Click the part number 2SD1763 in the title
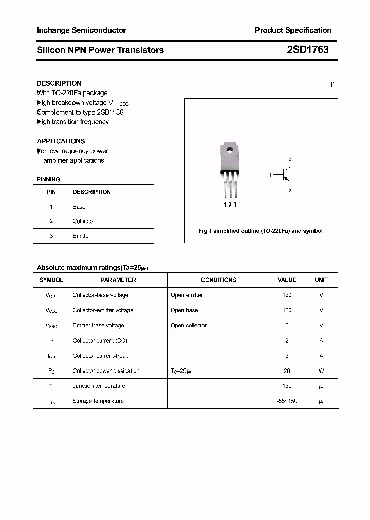pos(307,50)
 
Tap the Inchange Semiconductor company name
pos(81,30)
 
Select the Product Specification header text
pos(293,30)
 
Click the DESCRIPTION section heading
pos(59,83)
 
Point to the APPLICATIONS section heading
pos(61,141)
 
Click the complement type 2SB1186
pos(109,112)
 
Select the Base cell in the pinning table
pos(79,207)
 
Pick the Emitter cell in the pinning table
pos(81,236)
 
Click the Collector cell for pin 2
pos(84,221)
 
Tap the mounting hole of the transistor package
pos(229,151)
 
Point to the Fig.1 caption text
pos(261,231)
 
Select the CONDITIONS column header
pos(218,280)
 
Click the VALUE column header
pos(287,280)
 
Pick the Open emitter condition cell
pos(187,295)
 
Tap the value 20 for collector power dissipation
pos(287,370)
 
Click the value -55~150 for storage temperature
pos(287,401)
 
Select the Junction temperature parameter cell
pos(99,386)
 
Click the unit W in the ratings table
pos(321,370)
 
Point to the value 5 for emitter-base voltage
pos(287,325)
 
